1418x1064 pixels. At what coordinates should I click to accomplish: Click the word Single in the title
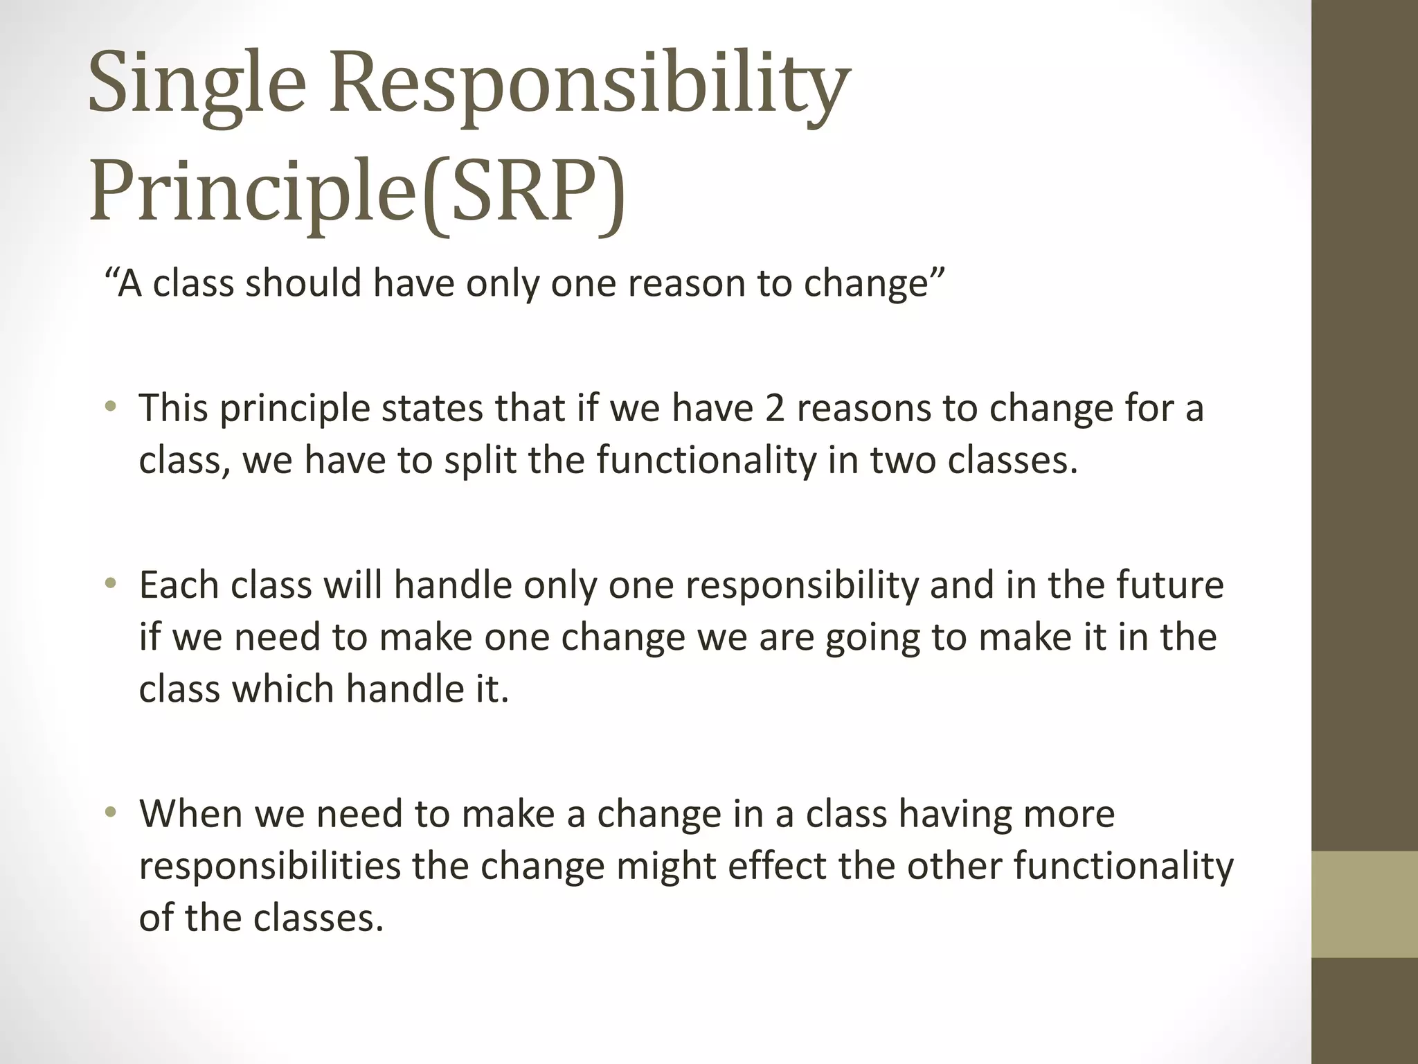[197, 87]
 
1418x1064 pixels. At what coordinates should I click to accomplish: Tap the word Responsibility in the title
[589, 87]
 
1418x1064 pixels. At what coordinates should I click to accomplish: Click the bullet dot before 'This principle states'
[110, 408]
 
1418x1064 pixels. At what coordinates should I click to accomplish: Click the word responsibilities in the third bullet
[269, 866]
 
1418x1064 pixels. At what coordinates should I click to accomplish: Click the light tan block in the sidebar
[1364, 905]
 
